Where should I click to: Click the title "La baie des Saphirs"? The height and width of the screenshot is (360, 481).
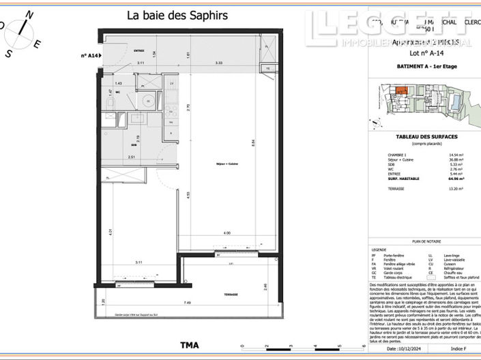click(x=177, y=15)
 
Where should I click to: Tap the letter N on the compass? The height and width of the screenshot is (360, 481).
click(x=28, y=14)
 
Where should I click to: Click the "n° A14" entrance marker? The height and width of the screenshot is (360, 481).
click(x=90, y=55)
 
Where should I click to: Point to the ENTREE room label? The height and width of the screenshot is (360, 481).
click(x=139, y=50)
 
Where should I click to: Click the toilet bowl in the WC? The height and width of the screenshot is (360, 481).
click(x=111, y=102)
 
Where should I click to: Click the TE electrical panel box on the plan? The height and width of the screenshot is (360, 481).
click(x=268, y=69)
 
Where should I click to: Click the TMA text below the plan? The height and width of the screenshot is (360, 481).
click(x=189, y=345)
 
